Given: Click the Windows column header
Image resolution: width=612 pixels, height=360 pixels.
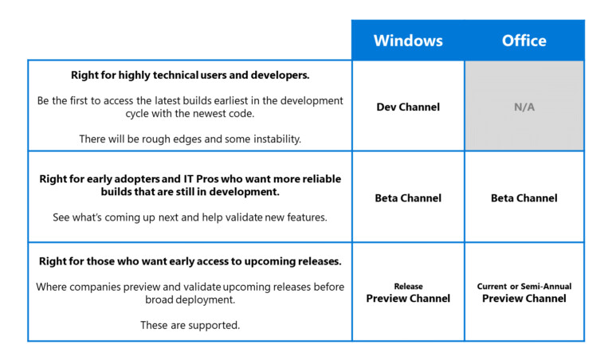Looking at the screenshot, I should coord(407,41).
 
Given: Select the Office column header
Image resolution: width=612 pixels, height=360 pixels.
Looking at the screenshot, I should coord(524,41).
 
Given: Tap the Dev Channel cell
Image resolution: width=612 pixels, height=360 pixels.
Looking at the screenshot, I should coord(408,107).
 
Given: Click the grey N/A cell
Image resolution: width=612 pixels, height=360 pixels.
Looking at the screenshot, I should coord(524,107).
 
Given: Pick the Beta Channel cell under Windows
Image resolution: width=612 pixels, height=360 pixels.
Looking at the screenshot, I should coord(408,198).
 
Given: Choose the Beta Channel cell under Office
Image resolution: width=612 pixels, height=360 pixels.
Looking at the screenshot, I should coord(524,198).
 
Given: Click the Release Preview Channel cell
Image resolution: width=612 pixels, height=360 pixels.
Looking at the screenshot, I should coord(408,293).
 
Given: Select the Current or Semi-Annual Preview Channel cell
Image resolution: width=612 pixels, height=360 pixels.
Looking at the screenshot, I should coord(524,293).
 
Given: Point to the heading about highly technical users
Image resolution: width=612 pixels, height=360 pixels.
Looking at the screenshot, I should coord(190,76).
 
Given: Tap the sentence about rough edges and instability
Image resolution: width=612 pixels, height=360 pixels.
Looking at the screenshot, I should coord(190,139).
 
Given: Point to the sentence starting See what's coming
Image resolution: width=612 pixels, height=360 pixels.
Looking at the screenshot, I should coord(190,217).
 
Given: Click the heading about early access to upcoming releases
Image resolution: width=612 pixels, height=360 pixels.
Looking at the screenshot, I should coord(190,262).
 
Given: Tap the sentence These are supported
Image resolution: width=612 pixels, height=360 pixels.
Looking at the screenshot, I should coord(190,325).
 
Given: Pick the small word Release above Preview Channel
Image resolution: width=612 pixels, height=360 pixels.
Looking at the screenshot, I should coord(408,287).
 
